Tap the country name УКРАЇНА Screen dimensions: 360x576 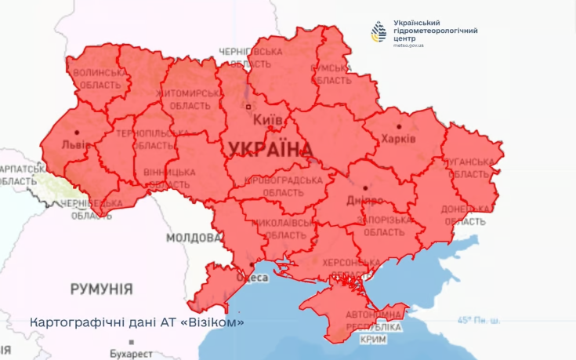pyautogui.click(x=268, y=149)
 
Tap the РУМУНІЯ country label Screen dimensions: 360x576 pyautogui.click(x=101, y=289)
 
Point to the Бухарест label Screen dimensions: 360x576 pyautogui.click(x=133, y=353)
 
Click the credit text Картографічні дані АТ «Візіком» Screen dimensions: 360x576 pyautogui.click(x=137, y=322)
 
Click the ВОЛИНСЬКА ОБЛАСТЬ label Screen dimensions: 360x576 pyautogui.click(x=98, y=78)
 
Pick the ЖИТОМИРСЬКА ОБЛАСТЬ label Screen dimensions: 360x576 pyautogui.click(x=190, y=99)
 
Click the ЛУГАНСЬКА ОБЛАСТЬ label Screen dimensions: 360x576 pyautogui.click(x=470, y=168)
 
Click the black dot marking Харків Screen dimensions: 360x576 pyautogui.click(x=399, y=125)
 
